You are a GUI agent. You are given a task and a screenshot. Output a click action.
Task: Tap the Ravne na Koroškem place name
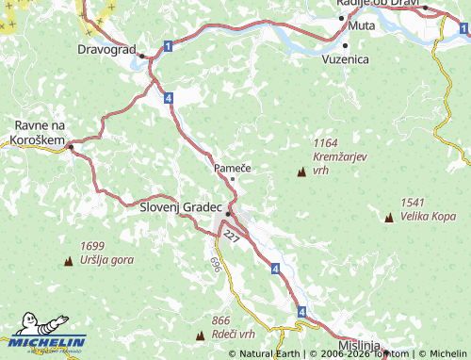(39, 132)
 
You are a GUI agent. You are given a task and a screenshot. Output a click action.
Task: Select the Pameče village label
(232, 167)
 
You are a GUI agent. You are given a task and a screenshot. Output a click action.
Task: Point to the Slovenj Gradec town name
(180, 206)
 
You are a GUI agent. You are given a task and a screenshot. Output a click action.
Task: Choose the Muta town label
(362, 25)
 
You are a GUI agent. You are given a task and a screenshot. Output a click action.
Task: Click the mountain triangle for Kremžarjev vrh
(301, 172)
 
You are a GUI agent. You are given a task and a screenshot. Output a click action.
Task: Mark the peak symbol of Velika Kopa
(389, 218)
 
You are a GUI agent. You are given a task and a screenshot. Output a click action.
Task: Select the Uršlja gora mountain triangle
(68, 260)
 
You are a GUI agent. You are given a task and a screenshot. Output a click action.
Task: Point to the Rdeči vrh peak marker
(200, 335)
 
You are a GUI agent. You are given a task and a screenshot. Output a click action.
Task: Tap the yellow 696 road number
(216, 265)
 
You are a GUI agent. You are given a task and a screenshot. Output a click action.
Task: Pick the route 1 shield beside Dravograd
(167, 46)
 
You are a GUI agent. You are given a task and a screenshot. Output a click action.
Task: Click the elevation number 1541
(413, 203)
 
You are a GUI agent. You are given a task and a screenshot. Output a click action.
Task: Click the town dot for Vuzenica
(347, 44)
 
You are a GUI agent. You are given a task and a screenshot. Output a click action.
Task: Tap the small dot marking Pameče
(233, 178)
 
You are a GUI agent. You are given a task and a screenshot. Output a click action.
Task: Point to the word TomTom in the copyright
(391, 353)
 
